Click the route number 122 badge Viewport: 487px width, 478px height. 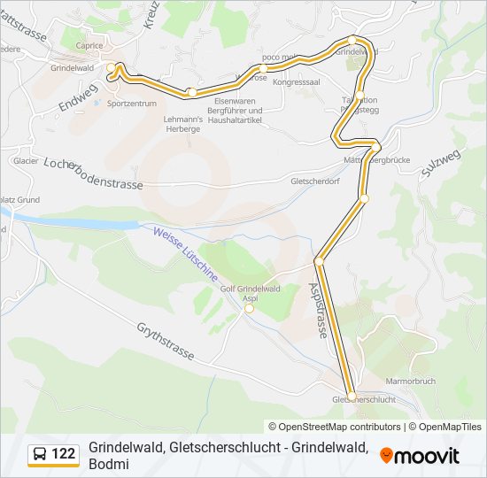pyautogui.click(x=53, y=454)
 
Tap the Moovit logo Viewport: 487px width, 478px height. pyautogui.click(x=420, y=455)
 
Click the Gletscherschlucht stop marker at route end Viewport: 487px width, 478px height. pyautogui.click(x=352, y=396)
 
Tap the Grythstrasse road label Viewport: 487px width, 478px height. pyautogui.click(x=166, y=341)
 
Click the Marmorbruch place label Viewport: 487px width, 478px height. pyautogui.click(x=410, y=381)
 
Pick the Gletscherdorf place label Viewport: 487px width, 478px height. pyautogui.click(x=315, y=180)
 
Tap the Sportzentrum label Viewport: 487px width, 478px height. pyautogui.click(x=131, y=104)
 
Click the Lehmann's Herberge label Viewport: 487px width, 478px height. pyautogui.click(x=182, y=123)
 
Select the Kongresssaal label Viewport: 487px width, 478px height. pyautogui.click(x=296, y=82)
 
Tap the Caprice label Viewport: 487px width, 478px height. pyautogui.click(x=89, y=45)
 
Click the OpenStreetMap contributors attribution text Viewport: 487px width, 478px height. pyautogui.click(x=334, y=427)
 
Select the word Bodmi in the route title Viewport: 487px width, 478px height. pyautogui.click(x=109, y=466)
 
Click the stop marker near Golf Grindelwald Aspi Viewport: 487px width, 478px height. pyautogui.click(x=249, y=309)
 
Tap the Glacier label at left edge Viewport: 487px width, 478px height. pyautogui.click(x=25, y=161)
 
